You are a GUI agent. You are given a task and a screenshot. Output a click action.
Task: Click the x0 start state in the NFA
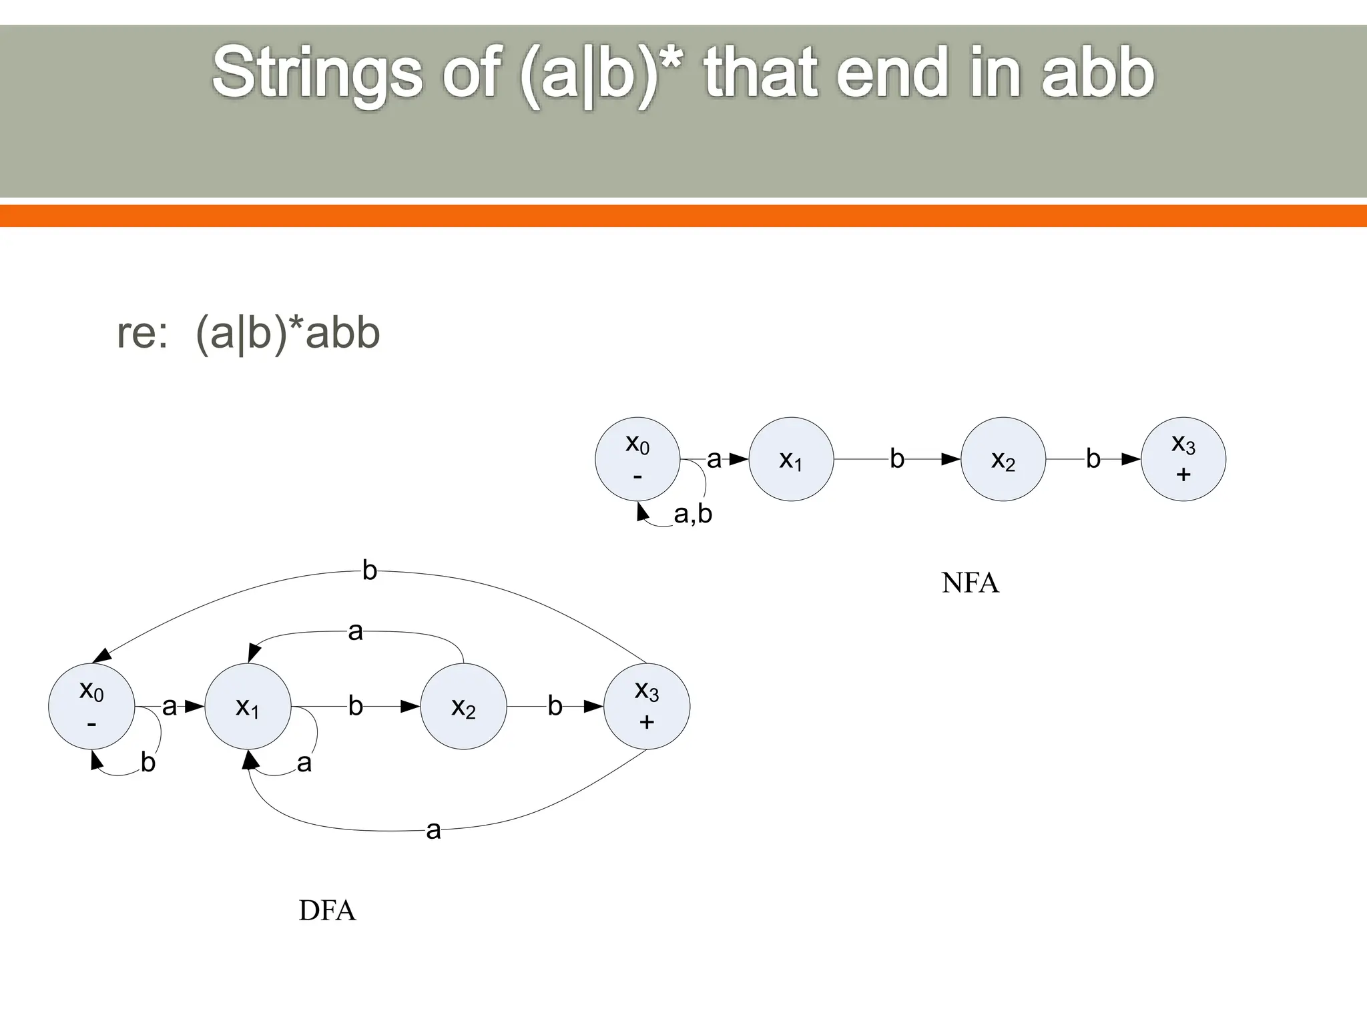pos(637,459)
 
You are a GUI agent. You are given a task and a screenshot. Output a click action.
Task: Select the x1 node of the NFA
pos(791,459)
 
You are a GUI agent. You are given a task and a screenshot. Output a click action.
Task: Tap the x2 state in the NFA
pos(1003,459)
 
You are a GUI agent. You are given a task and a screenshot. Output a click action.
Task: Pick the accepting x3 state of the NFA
pos(1183,459)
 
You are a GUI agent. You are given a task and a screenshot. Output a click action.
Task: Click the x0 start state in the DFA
pos(91,706)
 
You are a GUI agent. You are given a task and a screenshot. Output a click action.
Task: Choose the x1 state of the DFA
pos(247,706)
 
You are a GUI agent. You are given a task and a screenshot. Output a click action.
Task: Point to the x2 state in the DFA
pos(463,706)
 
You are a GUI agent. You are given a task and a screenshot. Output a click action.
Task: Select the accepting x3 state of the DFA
pos(646,706)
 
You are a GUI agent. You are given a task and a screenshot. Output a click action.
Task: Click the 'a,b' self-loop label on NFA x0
pos(693,514)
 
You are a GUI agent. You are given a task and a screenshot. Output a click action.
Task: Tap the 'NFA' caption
pos(970,583)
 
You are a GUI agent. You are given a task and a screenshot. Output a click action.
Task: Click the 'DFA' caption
pos(327,911)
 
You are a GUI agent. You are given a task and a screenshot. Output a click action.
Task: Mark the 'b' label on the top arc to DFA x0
pos(369,571)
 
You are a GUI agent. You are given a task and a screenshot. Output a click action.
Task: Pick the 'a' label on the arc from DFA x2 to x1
pos(355,631)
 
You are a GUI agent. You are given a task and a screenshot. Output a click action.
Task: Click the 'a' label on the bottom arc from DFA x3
pos(433,830)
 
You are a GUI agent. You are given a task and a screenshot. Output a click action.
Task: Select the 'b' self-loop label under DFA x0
pos(148,763)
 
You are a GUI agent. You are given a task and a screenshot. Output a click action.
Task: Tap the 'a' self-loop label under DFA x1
pos(304,763)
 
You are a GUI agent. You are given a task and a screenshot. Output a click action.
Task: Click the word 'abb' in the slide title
pos(1098,73)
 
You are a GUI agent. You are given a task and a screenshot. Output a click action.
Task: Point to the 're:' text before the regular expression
pos(142,332)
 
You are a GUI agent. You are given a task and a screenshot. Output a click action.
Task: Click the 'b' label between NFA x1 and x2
pos(897,459)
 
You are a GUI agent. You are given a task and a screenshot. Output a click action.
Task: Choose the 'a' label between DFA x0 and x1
pos(170,706)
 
